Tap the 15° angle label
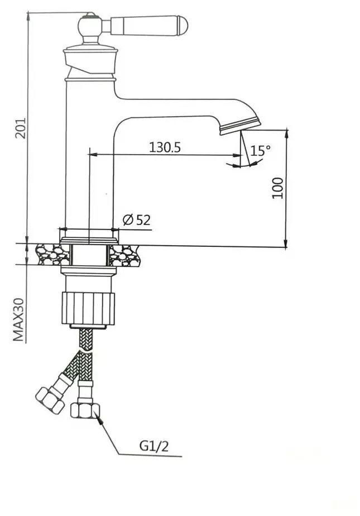point(260,150)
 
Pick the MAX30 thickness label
point(18,319)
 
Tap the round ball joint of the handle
point(89,25)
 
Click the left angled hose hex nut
point(50,400)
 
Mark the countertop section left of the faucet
point(52,255)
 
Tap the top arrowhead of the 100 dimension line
point(286,133)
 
